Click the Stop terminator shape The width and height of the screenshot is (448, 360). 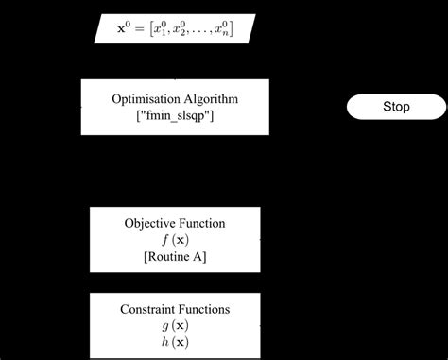[x=396, y=107]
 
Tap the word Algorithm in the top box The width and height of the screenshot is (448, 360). [x=209, y=99]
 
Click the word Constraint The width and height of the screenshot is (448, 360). [x=149, y=309]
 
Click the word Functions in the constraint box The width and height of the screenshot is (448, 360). [x=206, y=309]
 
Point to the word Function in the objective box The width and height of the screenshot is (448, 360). [x=204, y=224]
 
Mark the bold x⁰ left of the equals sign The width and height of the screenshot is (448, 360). [x=123, y=28]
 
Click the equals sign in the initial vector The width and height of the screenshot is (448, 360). [x=139, y=29]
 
